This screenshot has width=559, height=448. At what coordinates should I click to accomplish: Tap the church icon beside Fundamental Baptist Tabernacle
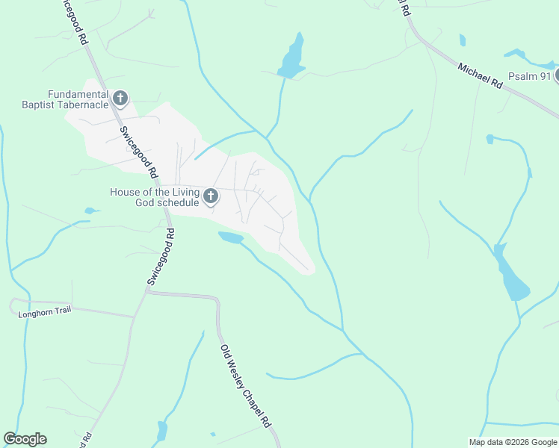click(x=120, y=99)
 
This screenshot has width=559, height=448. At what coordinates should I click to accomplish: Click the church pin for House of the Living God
click(x=211, y=197)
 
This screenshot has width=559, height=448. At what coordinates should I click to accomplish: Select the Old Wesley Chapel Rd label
click(x=245, y=385)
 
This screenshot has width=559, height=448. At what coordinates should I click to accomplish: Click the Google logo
click(x=25, y=439)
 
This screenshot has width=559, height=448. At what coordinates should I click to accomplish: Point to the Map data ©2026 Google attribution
click(x=512, y=442)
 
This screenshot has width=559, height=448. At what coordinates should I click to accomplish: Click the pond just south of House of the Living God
click(x=231, y=237)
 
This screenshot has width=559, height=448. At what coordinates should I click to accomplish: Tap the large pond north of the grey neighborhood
click(x=292, y=57)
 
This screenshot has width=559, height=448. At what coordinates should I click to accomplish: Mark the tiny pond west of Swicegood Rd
click(x=91, y=211)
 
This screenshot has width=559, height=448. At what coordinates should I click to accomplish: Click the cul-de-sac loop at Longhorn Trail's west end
click(x=13, y=305)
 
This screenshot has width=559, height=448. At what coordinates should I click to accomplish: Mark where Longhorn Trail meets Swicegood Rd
click(x=135, y=317)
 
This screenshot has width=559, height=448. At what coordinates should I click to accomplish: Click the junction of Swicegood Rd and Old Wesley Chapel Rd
click(x=146, y=293)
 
